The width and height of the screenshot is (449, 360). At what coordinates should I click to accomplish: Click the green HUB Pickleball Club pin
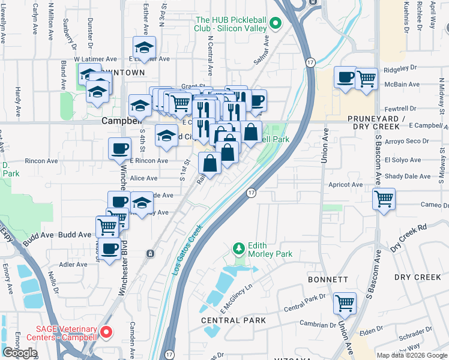[x=276, y=24]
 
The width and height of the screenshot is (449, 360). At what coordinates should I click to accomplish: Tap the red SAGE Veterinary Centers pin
[x=106, y=331]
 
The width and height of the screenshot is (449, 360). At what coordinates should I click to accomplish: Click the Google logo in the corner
[x=20, y=353]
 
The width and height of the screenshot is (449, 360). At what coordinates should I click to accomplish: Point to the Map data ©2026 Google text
[x=412, y=355]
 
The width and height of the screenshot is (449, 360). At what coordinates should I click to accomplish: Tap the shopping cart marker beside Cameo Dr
[x=384, y=198]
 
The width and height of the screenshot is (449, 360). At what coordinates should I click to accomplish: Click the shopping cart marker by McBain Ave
[x=366, y=78]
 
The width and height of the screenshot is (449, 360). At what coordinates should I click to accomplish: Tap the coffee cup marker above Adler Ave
[x=109, y=249]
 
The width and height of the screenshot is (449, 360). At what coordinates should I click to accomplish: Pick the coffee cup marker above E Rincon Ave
[x=119, y=148]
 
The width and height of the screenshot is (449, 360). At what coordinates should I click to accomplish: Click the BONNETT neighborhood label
[x=328, y=280]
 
